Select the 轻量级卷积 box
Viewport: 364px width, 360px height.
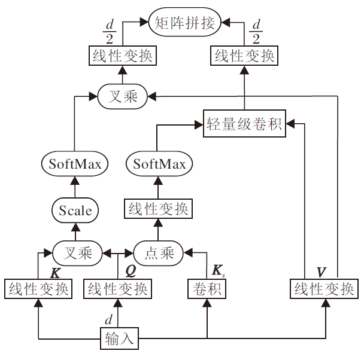point(244,124)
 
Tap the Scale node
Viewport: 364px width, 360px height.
point(75,210)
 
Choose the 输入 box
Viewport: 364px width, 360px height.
point(120,339)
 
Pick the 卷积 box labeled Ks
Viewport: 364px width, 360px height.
point(207,289)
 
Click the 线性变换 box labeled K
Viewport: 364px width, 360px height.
point(38,289)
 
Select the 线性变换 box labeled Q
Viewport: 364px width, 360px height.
point(117,289)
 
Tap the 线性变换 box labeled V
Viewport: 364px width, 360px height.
point(324,289)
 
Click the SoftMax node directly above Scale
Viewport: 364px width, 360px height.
point(75,164)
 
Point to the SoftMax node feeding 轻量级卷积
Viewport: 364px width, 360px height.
point(159,164)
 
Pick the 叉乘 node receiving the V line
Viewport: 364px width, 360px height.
point(123,96)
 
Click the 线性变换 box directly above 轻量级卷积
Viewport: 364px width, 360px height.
point(244,56)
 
